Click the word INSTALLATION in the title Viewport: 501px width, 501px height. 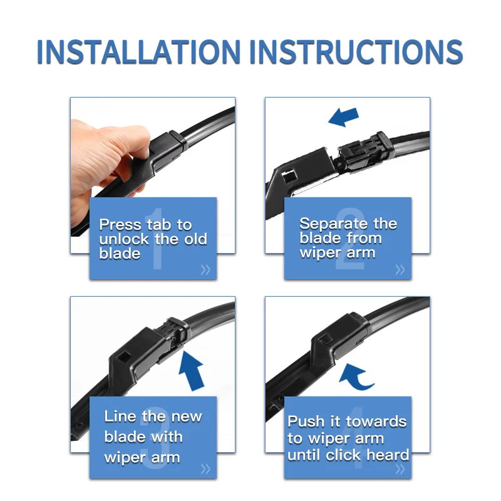[138, 52]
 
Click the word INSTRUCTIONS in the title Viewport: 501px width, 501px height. [356, 52]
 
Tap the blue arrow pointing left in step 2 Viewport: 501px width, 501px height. [344, 117]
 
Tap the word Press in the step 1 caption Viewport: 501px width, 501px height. [120, 225]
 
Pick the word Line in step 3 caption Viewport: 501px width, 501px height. [120, 416]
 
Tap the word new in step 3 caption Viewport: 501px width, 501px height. [187, 417]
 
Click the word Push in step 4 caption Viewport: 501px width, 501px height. [306, 421]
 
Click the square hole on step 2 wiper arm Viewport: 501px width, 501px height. [289, 176]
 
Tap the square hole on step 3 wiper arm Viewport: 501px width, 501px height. [123, 358]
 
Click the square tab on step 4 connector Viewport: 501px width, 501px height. [325, 339]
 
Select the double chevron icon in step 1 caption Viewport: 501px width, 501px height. [205, 270]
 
